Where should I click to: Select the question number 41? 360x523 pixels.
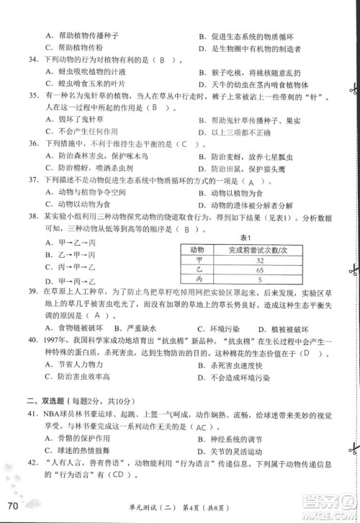(x=30, y=416)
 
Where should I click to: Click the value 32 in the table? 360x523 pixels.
(x=258, y=260)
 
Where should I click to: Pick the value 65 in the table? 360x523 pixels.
(x=258, y=269)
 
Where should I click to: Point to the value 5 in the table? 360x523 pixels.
(x=258, y=279)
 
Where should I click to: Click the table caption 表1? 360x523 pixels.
(x=245, y=238)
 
